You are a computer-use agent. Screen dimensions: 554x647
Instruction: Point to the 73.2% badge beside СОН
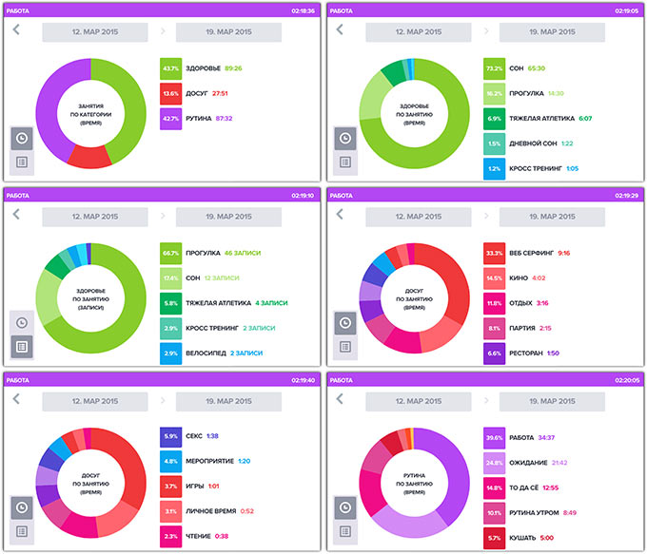(495, 68)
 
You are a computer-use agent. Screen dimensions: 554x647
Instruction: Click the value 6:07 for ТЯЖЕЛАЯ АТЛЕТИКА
(585, 119)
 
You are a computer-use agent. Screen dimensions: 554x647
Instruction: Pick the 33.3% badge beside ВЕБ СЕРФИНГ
(495, 253)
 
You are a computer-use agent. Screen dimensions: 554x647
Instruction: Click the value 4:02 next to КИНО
(539, 277)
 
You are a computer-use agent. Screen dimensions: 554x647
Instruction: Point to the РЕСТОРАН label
(531, 353)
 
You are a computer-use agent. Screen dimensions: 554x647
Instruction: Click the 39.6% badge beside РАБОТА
(495, 438)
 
